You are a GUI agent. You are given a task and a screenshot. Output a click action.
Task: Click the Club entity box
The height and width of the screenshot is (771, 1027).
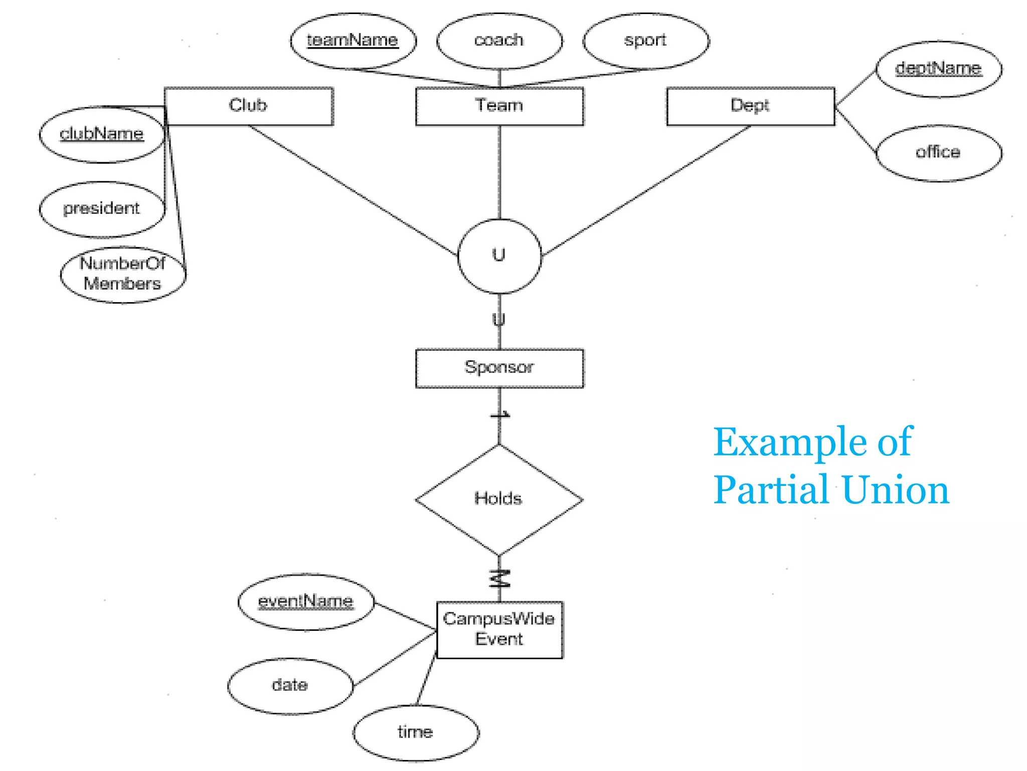coord(249,106)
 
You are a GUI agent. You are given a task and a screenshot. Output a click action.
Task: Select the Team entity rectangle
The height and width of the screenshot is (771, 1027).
coord(499,106)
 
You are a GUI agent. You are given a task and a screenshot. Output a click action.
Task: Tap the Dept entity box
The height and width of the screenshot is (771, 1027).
coord(750,106)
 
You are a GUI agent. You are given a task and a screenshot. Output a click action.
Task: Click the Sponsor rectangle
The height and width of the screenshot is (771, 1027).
coord(499,368)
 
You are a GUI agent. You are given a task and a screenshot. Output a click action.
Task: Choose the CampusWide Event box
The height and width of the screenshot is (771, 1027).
coord(499,629)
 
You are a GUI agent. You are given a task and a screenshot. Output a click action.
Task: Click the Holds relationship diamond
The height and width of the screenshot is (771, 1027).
coord(499,499)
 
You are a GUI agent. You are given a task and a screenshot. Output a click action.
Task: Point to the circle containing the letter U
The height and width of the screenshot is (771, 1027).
coord(499,256)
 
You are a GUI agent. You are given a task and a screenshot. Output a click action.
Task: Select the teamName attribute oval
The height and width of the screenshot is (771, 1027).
coord(353,41)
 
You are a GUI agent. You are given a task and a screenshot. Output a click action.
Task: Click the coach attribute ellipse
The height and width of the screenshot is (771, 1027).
coord(499,41)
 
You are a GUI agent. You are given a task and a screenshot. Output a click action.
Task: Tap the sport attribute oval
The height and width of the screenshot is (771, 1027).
coord(646,41)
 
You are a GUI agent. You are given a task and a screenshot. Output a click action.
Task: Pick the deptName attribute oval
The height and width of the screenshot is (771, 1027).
coord(939,69)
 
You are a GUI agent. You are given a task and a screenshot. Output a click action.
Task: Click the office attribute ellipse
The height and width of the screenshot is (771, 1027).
coord(939,153)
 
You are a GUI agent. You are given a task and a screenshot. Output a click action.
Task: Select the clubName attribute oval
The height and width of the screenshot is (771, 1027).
coord(102,135)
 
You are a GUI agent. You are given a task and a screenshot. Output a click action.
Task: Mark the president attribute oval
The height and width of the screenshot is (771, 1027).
coord(102,209)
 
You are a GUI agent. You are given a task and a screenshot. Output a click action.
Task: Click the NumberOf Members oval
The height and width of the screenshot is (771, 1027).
coord(123,275)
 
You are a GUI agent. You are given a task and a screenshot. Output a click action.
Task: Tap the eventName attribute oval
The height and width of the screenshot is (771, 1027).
coord(306,601)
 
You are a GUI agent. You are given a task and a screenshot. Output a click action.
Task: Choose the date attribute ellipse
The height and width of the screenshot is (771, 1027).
coord(290,686)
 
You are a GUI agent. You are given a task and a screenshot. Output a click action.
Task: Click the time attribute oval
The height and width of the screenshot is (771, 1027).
coord(416,732)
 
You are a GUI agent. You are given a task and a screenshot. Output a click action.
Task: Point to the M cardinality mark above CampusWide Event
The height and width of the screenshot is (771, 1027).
coord(500,579)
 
